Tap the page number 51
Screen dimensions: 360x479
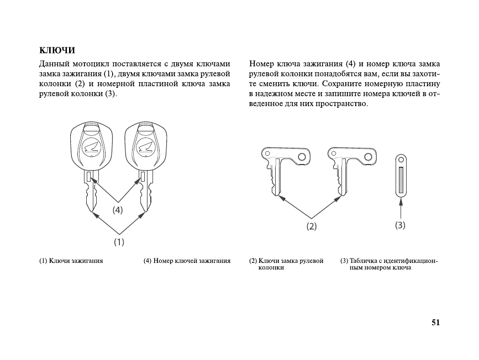[435, 323]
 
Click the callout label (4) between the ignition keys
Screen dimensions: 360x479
[118, 210]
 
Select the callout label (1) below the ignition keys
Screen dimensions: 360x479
[119, 242]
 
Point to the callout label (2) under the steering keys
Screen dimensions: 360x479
[312, 226]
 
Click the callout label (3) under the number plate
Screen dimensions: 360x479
[401, 225]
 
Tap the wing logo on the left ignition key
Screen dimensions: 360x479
[91, 147]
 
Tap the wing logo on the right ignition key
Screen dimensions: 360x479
[145, 147]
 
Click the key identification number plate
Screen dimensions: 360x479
[401, 174]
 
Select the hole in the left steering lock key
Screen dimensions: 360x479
[301, 157]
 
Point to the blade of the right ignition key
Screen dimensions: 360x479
[145, 196]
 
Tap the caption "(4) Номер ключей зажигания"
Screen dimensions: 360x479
[187, 260]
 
